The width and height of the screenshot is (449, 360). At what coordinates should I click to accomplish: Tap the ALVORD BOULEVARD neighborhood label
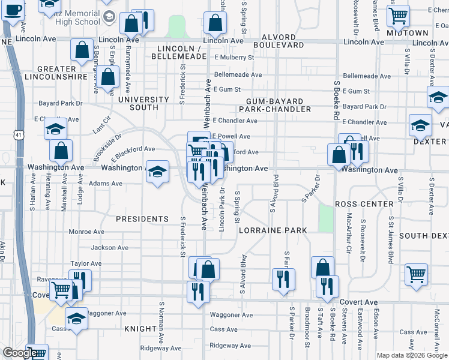click(x=279, y=40)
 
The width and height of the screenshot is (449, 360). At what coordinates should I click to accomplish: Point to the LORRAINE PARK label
click(x=273, y=230)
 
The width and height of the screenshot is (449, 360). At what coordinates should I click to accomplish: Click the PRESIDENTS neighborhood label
click(x=142, y=219)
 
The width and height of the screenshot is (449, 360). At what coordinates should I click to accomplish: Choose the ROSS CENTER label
click(x=364, y=205)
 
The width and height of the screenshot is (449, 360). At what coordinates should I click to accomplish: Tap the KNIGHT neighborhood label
click(x=140, y=329)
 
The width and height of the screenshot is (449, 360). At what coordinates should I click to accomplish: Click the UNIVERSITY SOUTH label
click(x=143, y=103)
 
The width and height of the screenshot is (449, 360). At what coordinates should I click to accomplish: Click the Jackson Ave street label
click(x=109, y=248)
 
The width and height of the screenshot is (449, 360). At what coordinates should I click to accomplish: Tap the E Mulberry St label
click(x=234, y=58)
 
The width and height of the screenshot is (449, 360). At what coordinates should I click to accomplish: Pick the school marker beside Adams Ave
click(x=157, y=173)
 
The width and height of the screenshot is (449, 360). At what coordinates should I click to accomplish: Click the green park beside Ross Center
click(x=327, y=218)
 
